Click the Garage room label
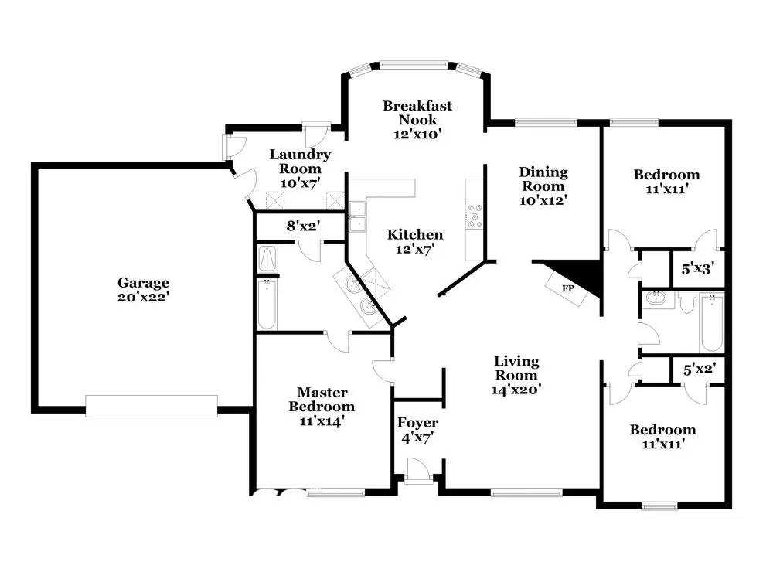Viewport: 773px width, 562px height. pos(143,289)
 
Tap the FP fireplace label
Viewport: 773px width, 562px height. pos(568,288)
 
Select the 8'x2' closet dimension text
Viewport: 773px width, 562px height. pos(304,227)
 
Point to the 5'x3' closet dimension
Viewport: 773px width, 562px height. pos(698,269)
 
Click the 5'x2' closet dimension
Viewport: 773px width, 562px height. pos(700,369)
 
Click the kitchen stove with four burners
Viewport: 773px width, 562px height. pos(475,216)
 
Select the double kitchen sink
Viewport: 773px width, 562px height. pos(357,216)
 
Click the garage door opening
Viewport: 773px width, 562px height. pos(152,406)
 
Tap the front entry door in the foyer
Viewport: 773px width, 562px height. pos(417,470)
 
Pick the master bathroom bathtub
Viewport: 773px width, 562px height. pos(267,304)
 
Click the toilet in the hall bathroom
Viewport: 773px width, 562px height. pos(686,302)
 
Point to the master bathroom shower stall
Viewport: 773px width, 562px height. pos(267,259)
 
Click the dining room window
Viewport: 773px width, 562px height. pos(546,121)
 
